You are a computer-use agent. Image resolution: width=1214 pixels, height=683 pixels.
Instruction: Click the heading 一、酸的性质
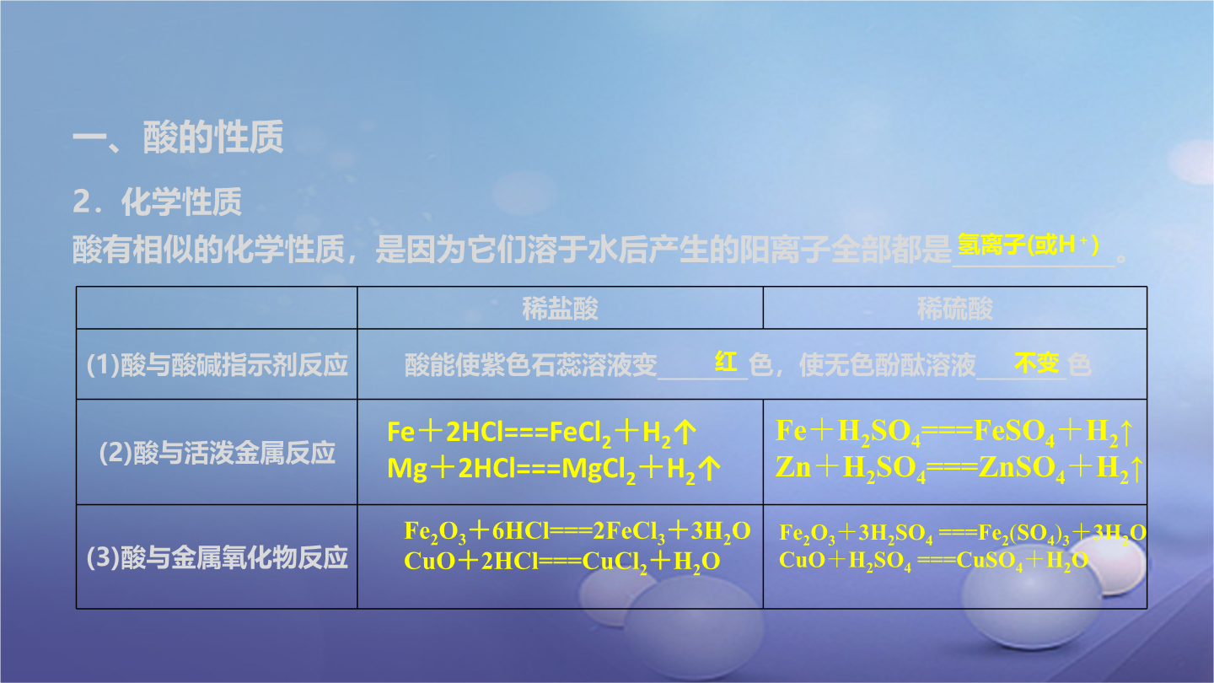tap(178, 137)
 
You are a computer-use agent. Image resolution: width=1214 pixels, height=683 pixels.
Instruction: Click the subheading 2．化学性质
tap(157, 202)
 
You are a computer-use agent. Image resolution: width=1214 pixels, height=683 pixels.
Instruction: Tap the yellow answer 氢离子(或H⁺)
tap(1029, 245)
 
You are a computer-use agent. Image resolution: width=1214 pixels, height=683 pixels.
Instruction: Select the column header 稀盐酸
tap(560, 309)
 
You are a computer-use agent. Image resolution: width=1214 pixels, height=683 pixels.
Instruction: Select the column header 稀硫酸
tap(954, 309)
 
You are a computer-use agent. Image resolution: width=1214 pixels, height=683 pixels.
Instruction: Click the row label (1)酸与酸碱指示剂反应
tap(217, 364)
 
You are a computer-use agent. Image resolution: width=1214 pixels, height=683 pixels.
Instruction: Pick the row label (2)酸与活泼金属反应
tap(217, 453)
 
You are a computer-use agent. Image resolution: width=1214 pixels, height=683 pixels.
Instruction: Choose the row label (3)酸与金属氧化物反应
tap(217, 557)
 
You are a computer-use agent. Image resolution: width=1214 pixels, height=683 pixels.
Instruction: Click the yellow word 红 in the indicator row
tap(726, 362)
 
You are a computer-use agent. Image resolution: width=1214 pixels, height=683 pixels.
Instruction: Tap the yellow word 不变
tap(1036, 363)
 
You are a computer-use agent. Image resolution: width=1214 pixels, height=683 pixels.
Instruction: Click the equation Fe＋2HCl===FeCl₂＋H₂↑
tap(541, 433)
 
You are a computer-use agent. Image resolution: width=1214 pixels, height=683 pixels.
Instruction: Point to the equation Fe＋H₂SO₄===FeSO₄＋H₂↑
tap(954, 433)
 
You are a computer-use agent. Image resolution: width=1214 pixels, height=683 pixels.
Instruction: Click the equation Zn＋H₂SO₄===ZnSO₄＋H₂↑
tap(959, 468)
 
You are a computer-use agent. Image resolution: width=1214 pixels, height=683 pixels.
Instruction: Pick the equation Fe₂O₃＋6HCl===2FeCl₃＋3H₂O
tap(577, 532)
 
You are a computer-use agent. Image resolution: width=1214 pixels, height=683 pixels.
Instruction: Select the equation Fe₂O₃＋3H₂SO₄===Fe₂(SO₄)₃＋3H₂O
tap(963, 534)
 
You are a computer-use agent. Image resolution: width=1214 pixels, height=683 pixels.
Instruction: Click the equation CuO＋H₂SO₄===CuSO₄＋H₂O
tap(933, 561)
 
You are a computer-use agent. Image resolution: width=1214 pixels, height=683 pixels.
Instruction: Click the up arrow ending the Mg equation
tap(710, 468)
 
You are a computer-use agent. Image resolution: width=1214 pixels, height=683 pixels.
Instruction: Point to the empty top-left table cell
tap(217, 307)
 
